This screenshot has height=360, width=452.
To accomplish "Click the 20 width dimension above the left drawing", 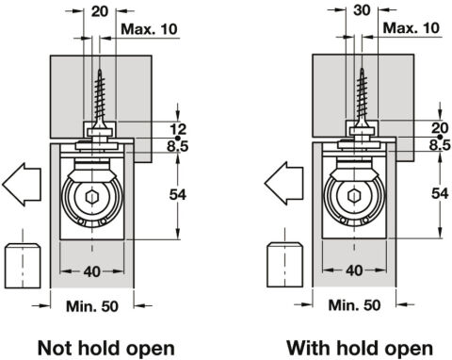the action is pos(100,11).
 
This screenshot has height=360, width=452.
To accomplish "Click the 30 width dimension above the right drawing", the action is pos(362,10).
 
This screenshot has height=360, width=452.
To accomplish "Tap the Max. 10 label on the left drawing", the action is pos(149,29).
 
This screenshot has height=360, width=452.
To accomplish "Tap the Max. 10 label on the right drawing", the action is pos(411,28).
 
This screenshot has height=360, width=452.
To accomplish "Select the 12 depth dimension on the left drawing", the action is pos(178,129).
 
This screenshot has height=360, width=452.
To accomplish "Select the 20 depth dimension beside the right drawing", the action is pos(440,128).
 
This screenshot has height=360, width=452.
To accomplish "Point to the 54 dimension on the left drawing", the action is pos(178,195).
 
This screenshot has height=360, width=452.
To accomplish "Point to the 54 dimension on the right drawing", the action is pos(440,193).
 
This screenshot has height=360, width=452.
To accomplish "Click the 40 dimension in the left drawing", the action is pos(92,271).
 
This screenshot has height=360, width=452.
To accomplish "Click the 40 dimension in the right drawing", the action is pos(354,270).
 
